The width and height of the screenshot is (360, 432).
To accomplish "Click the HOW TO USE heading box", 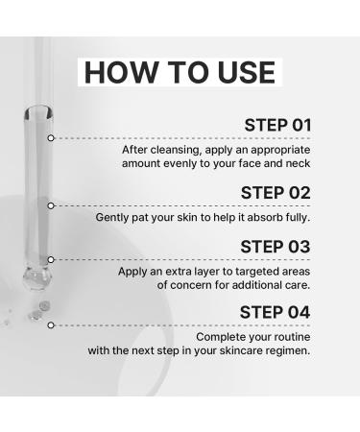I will [x=179, y=73].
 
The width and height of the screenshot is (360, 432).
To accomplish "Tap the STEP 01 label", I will [x=277, y=126].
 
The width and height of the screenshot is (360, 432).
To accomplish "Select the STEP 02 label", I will [x=276, y=192].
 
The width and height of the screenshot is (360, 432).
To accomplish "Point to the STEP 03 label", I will [x=276, y=247].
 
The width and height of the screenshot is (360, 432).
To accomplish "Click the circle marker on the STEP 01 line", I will [x=51, y=138].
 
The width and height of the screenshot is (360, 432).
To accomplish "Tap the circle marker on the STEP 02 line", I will [x=51, y=204].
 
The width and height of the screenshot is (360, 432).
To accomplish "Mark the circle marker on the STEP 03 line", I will [x=51, y=259].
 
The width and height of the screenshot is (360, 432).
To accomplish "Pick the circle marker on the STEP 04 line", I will [x=51, y=324].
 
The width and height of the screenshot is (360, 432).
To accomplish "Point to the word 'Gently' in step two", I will [x=114, y=217].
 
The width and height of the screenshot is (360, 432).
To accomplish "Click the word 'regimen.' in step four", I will [x=285, y=350].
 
